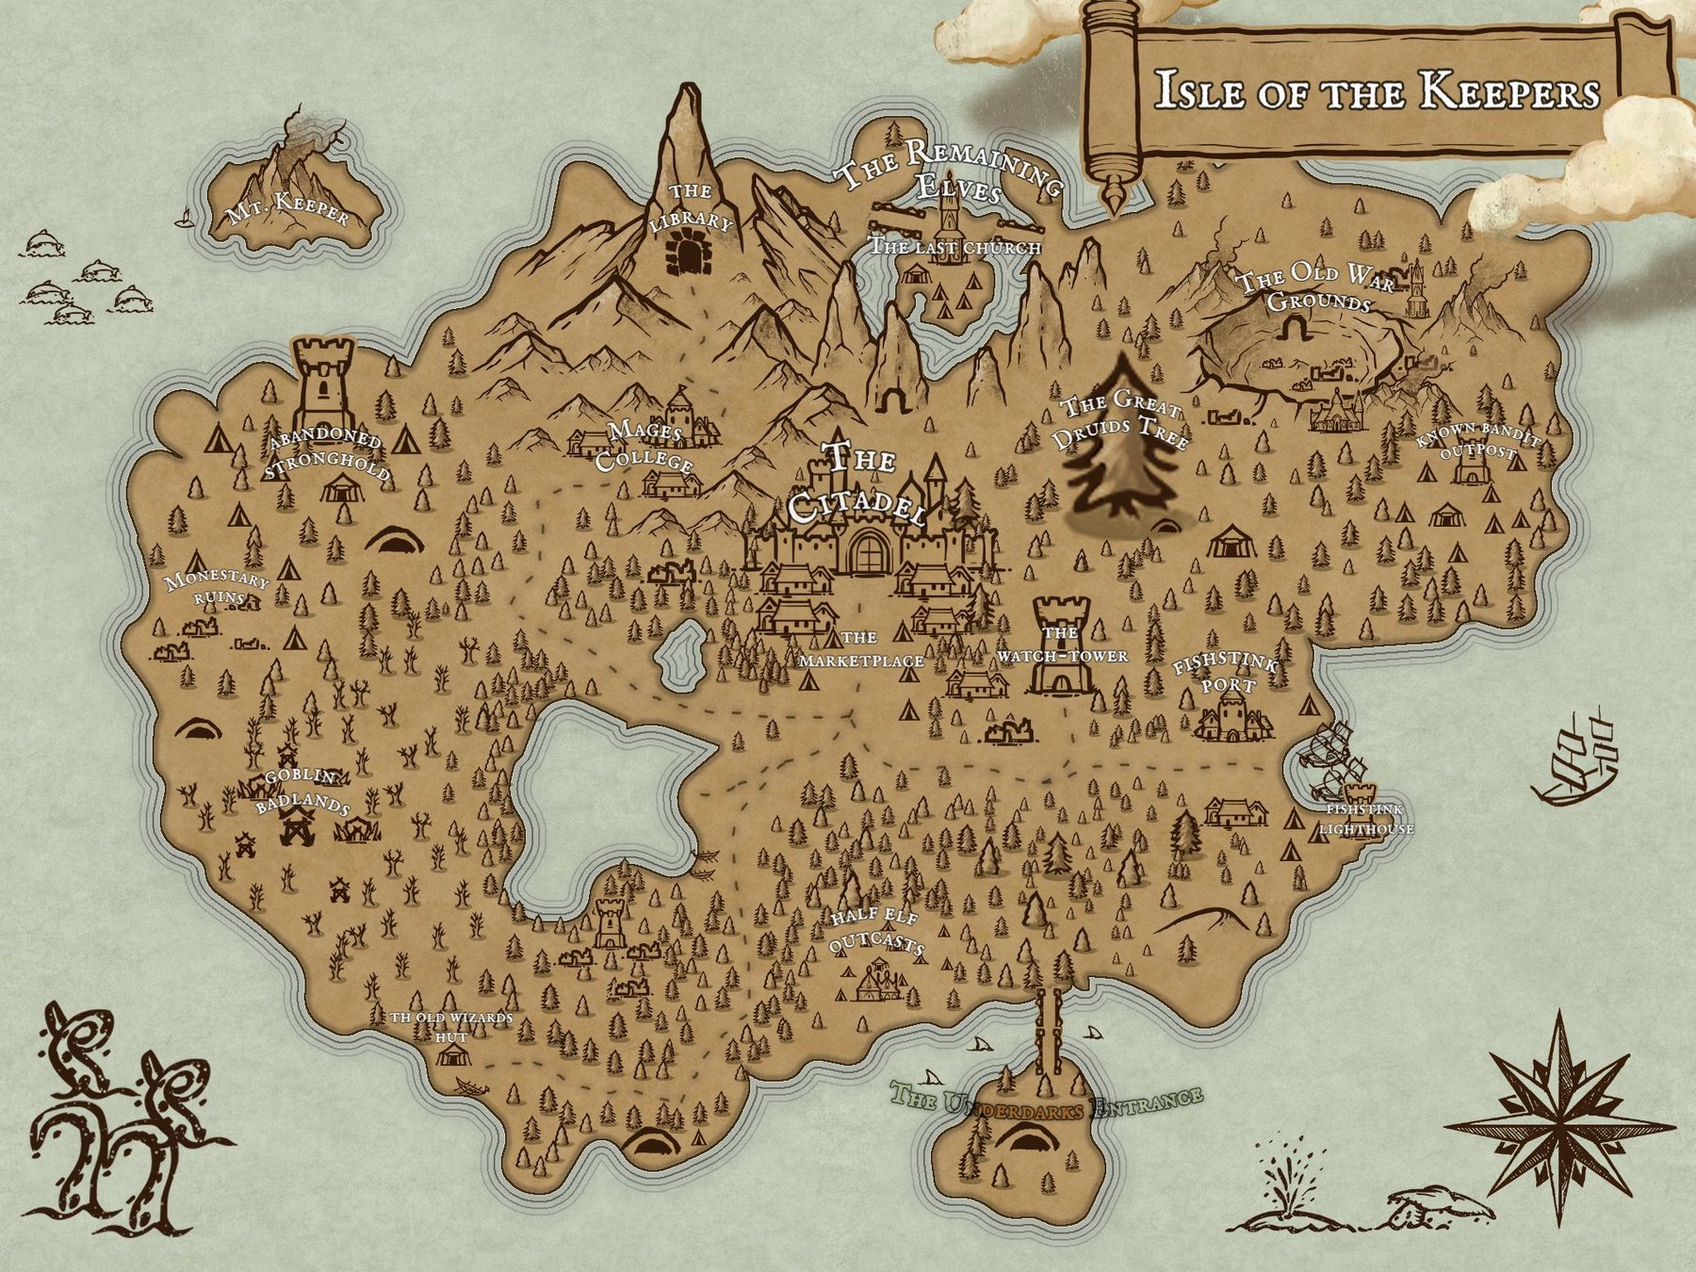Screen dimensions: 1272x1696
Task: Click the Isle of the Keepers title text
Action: point(1377,91)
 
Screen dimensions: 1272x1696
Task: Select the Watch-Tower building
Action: point(1062,650)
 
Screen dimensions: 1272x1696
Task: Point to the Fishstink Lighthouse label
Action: point(1365,820)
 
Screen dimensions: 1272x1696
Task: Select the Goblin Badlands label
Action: point(302,791)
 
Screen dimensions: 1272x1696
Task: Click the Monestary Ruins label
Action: point(217,589)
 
